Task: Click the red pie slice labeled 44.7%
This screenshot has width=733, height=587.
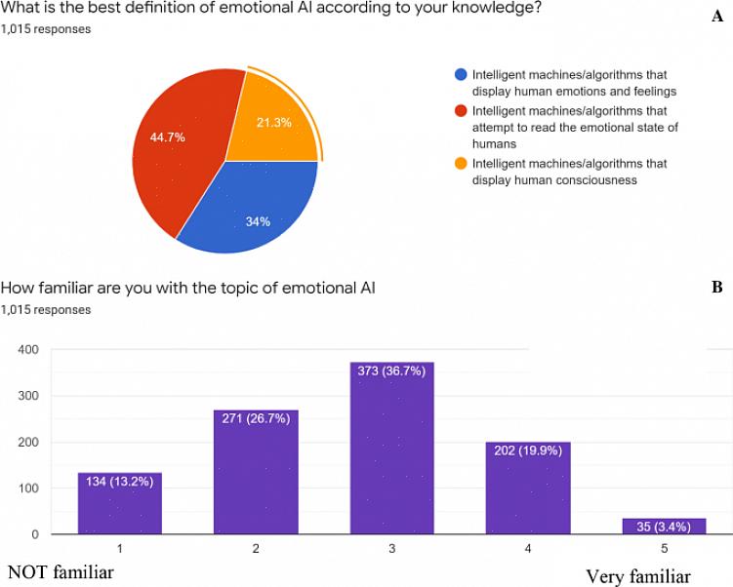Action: (176, 146)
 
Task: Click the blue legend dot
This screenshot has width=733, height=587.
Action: (461, 74)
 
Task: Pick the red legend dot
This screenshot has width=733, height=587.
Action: (461, 111)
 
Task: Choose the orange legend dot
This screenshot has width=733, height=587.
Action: (461, 164)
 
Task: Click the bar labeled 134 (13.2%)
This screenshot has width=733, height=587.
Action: (119, 503)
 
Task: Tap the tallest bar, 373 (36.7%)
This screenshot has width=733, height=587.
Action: (391, 449)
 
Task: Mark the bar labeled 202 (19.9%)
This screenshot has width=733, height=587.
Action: (528, 488)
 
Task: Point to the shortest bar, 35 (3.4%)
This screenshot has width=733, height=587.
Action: (664, 527)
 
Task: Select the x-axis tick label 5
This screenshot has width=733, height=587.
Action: (664, 549)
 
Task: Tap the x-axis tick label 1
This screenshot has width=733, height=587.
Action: (119, 549)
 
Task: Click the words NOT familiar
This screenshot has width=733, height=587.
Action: (61, 572)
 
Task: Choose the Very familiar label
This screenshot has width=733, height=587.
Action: (637, 576)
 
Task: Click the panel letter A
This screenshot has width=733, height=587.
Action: (717, 16)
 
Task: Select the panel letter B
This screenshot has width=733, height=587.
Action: (717, 288)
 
